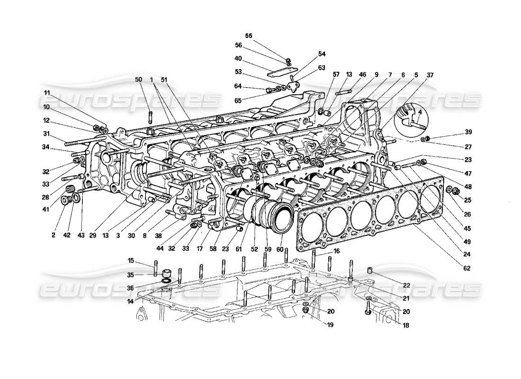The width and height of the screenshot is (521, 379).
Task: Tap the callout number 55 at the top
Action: click(249, 36)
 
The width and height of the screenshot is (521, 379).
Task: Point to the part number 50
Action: click(138, 81)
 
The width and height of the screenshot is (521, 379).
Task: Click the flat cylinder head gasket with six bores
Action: click(369, 213)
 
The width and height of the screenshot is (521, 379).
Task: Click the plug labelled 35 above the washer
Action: click(166, 274)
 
